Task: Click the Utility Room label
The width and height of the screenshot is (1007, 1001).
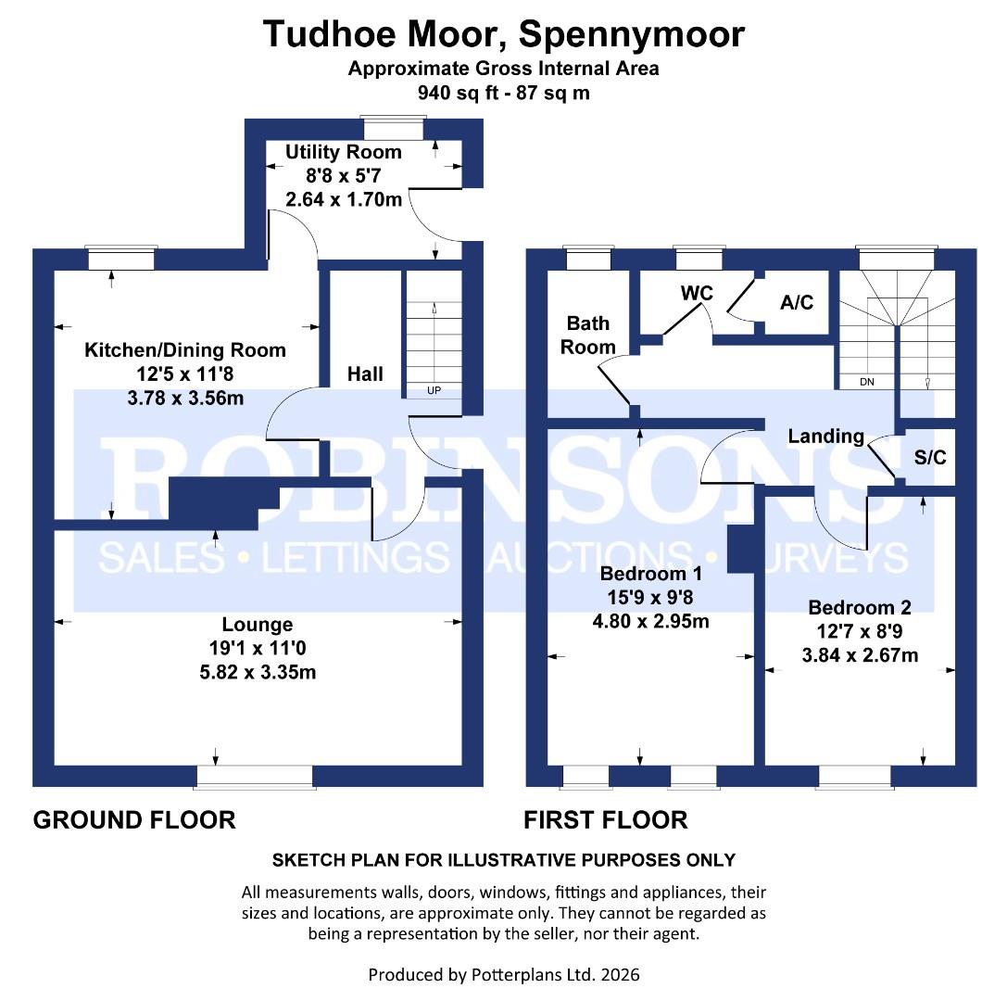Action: (343, 152)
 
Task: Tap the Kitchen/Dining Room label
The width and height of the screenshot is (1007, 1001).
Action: (185, 350)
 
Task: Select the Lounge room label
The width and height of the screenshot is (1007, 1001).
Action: (257, 625)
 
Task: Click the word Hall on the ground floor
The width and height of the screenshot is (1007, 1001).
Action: (365, 374)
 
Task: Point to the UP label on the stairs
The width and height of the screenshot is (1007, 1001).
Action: (434, 390)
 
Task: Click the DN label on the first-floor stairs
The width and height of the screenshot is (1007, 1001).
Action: (867, 381)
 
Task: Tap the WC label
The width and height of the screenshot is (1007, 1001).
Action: (697, 293)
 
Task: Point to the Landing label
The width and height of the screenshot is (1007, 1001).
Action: (826, 436)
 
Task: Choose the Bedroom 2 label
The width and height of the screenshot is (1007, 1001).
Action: (860, 608)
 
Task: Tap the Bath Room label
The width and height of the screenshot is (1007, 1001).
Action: (589, 335)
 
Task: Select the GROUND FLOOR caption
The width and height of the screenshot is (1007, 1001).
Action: (134, 819)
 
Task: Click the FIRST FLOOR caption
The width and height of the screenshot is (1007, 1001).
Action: (606, 819)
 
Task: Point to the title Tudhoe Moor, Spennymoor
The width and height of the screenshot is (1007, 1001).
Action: (503, 34)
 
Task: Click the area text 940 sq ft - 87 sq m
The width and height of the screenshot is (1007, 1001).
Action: (503, 93)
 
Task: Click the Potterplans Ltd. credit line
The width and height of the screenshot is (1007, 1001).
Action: (503, 974)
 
